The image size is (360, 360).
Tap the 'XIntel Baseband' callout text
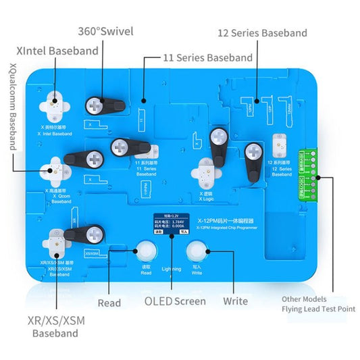tap(57, 51)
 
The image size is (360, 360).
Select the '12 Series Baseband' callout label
tap(262, 32)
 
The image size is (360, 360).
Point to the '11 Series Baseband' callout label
tap(207, 58)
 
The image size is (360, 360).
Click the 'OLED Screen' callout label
tap(174, 301)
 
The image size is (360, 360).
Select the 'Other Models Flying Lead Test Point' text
tap(315, 304)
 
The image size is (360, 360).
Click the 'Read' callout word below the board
tap(109, 303)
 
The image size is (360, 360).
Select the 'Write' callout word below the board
tap(234, 301)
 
